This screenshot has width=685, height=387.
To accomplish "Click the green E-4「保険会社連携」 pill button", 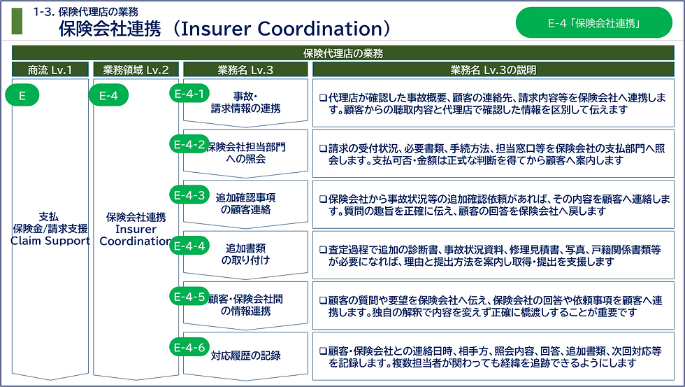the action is click(x=593, y=22).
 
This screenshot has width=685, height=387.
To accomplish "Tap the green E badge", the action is click(x=22, y=95).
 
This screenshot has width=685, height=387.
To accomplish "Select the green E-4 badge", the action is click(x=108, y=95).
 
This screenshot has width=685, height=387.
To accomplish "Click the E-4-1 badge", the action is click(x=189, y=94).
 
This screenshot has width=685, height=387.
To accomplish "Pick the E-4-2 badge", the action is click(x=189, y=144).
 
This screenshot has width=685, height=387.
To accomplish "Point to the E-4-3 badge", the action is click(x=189, y=195).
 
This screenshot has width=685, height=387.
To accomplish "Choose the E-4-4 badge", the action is click(x=189, y=246).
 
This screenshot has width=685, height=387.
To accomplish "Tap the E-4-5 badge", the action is click(x=189, y=297).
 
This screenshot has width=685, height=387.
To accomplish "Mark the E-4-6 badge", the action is click(x=189, y=347).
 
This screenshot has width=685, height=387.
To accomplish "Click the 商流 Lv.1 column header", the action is click(x=50, y=69).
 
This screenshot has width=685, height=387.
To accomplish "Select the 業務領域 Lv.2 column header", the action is click(x=136, y=69).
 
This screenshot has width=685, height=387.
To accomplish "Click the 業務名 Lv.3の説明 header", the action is click(x=493, y=69).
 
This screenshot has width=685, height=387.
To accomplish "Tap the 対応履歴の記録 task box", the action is click(x=245, y=356).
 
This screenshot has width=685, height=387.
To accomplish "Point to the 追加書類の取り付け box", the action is click(x=245, y=255).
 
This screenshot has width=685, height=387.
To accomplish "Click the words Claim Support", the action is click(x=50, y=241).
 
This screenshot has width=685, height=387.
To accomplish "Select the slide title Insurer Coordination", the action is click(x=285, y=29).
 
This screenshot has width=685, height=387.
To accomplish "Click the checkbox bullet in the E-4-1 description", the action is click(x=323, y=98).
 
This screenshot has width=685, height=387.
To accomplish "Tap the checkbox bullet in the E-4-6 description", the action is click(x=323, y=351).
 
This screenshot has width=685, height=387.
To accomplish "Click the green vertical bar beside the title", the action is click(x=17, y=20).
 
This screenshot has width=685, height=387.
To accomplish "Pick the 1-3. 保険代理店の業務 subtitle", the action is click(x=85, y=12).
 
